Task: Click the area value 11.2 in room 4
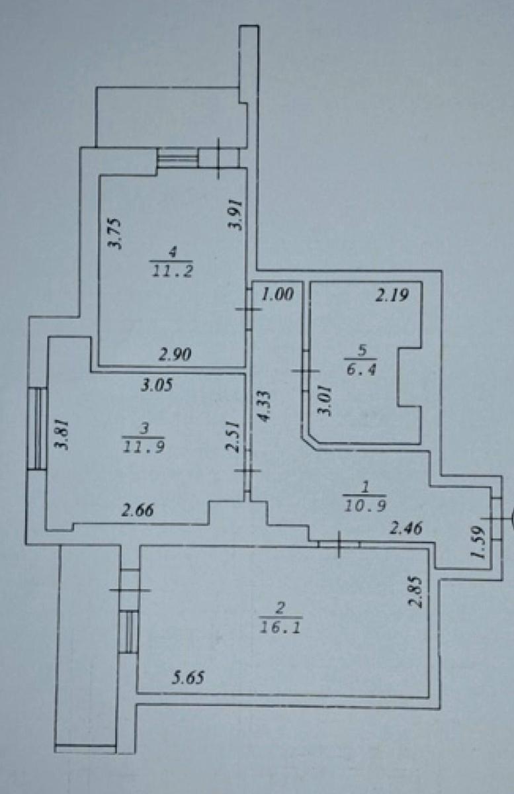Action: pyautogui.click(x=172, y=272)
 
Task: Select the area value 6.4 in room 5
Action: pyautogui.click(x=361, y=371)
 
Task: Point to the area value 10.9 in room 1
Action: pyautogui.click(x=365, y=507)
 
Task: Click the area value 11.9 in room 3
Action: pyautogui.click(x=144, y=448)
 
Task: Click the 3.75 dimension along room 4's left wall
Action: pyautogui.click(x=115, y=234)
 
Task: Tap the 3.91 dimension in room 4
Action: pyautogui.click(x=236, y=215)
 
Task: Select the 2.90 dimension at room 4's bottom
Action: pyautogui.click(x=175, y=355)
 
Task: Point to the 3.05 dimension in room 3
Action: pyautogui.click(x=157, y=385)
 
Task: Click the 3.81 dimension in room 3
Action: pyautogui.click(x=62, y=435)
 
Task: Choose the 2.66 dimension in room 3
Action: pyautogui.click(x=138, y=511)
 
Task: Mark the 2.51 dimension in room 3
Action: pyautogui.click(x=233, y=437)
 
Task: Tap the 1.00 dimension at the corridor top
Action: pyautogui.click(x=278, y=294)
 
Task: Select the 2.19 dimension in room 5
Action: pyautogui.click(x=392, y=295)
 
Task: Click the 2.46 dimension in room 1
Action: pyautogui.click(x=406, y=529)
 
